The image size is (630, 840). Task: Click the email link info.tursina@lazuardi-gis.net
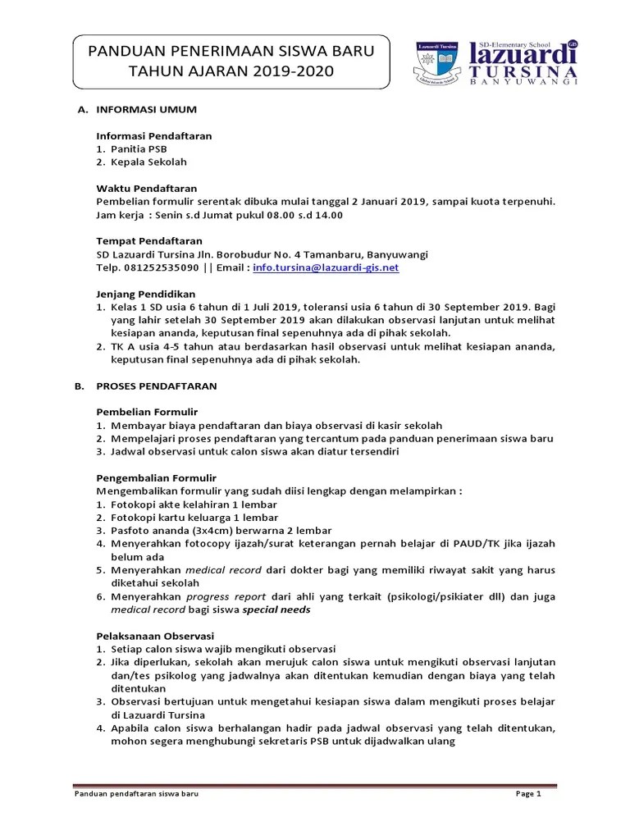[326, 267]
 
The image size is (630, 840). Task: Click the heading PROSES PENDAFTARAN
[157, 386]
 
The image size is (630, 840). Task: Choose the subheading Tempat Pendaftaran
[149, 241]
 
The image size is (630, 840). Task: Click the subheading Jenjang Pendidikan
[145, 294]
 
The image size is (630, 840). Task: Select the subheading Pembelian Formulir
[147, 412]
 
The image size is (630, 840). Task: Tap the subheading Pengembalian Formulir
[156, 477]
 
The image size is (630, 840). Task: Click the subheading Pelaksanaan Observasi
[155, 636]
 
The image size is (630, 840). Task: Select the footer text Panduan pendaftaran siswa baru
[136, 794]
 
